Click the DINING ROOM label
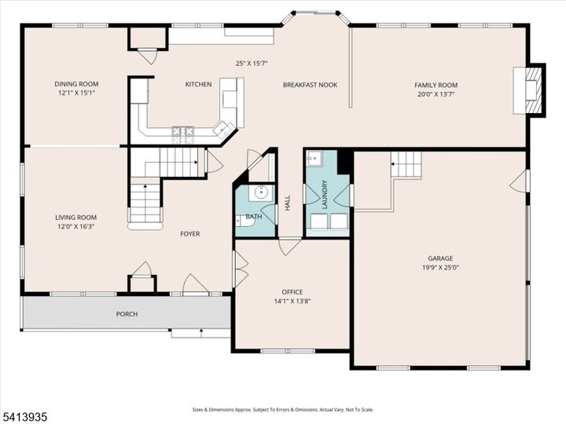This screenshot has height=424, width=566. click(76, 84)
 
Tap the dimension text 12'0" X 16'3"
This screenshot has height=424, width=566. click(75, 226)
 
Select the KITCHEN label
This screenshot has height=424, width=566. click(198, 85)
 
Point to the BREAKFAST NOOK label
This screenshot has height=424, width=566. click(310, 85)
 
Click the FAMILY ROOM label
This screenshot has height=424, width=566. click(436, 85)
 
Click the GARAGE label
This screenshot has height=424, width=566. click(440, 258)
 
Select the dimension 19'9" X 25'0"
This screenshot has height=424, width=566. click(440, 267)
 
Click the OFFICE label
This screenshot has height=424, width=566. click(292, 292)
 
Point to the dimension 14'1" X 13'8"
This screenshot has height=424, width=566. click(292, 301)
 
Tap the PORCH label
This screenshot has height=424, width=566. click(127, 314)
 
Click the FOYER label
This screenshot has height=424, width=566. click(189, 234)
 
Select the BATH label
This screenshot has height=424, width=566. click(254, 217)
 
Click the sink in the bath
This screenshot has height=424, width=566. click(259, 193)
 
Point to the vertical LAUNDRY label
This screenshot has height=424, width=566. click(324, 195)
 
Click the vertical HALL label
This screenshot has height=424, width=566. click(288, 203)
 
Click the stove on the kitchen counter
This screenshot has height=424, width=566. click(183, 133)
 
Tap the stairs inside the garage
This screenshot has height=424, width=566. click(406, 165)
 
